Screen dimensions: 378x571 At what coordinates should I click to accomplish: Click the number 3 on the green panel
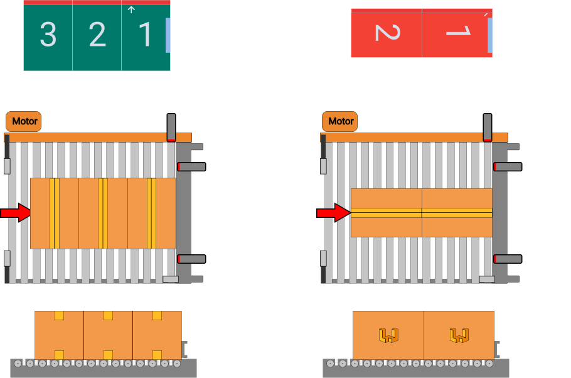click(x=48, y=35)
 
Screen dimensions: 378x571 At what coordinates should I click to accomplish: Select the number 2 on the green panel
click(x=97, y=35)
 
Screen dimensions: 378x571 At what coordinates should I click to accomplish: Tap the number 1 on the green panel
click(x=145, y=35)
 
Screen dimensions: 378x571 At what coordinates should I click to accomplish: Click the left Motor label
click(x=24, y=121)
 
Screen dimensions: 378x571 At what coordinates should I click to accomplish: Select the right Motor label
click(x=340, y=121)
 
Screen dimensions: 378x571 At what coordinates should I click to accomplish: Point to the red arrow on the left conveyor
click(x=16, y=213)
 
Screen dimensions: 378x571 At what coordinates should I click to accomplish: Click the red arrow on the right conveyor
click(x=333, y=213)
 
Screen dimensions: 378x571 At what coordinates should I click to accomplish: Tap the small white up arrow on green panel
click(x=131, y=9)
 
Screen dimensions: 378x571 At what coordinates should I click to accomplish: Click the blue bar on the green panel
click(x=168, y=35)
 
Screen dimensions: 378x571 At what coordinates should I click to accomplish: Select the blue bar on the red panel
click(x=489, y=35)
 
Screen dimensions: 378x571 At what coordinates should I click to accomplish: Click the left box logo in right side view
click(x=388, y=335)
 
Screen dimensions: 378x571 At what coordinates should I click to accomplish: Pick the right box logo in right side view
click(x=459, y=335)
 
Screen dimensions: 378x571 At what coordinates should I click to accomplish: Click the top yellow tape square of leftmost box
click(x=59, y=315)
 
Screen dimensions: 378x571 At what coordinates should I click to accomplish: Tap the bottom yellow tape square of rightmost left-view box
click(x=157, y=355)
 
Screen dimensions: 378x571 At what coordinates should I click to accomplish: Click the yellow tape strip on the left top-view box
click(x=55, y=213)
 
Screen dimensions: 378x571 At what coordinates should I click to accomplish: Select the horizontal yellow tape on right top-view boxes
click(x=421, y=213)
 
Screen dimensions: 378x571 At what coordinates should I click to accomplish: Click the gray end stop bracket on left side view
click(x=184, y=348)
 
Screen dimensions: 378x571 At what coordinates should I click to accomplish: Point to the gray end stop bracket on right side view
click(x=497, y=348)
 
